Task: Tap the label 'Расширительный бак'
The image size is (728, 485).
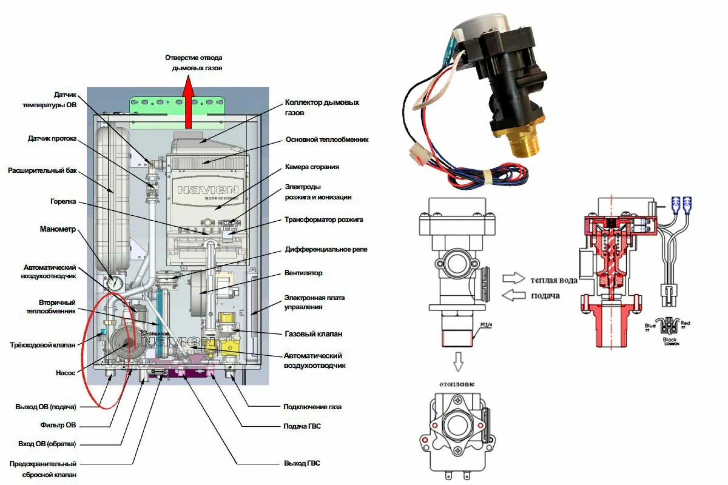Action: point(42,171)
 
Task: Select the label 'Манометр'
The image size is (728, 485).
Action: point(58,229)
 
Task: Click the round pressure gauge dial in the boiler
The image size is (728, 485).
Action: point(115,283)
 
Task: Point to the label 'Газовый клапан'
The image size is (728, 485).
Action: point(313,334)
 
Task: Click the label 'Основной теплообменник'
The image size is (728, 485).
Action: point(327,140)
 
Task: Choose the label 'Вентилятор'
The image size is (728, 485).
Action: point(303,273)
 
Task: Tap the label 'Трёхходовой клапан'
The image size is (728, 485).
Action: point(43,345)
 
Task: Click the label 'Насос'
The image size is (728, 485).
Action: point(65,373)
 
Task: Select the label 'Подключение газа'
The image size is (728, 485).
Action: point(312,407)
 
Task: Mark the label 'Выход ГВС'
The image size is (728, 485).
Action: point(302,463)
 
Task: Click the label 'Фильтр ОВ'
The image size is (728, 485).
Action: point(58,425)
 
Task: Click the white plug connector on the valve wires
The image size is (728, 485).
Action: point(420,153)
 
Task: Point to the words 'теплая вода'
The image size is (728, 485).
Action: point(554,280)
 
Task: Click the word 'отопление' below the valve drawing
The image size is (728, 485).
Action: point(457,384)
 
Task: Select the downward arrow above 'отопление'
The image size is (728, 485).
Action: point(458,362)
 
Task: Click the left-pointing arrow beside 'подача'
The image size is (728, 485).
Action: point(514,295)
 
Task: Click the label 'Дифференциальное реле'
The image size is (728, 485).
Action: point(326,249)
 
